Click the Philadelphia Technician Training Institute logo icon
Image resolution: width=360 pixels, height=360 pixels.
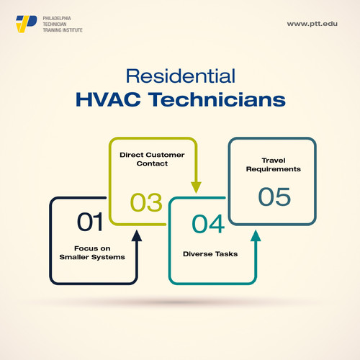point(26,23)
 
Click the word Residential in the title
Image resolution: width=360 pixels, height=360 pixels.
point(179,76)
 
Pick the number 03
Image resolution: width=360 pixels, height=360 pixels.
point(146,202)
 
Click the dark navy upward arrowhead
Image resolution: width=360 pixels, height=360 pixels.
point(137,235)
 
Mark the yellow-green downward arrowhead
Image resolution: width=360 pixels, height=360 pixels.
point(196,187)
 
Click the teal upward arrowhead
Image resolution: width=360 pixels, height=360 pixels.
point(256,235)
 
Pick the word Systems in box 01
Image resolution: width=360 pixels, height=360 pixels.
point(110,257)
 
